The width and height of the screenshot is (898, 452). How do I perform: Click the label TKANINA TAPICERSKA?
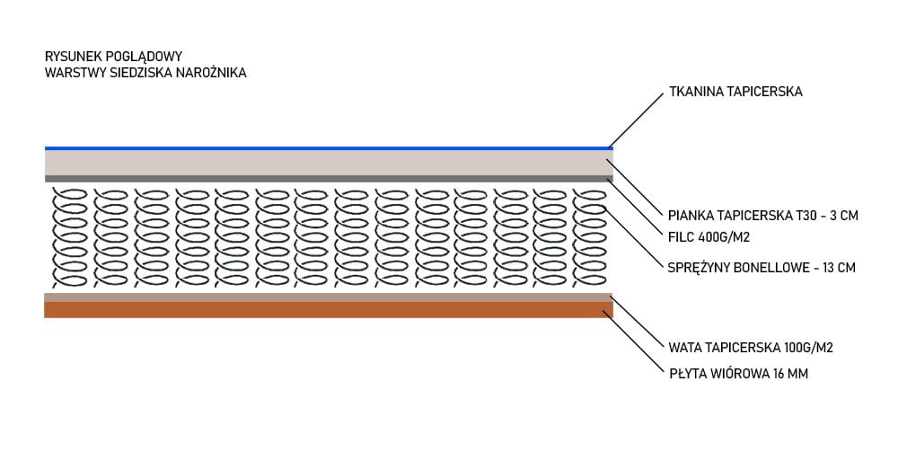pyautogui.click(x=735, y=92)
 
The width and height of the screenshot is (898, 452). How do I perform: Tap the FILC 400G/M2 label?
pyautogui.click(x=709, y=238)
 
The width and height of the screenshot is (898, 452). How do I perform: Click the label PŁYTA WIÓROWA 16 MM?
pyautogui.click(x=738, y=373)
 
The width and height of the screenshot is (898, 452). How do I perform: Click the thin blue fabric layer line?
pyautogui.click(x=328, y=147)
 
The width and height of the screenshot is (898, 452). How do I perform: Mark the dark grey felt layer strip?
pyautogui.click(x=328, y=179)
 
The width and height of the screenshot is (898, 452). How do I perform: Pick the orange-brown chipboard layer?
pyautogui.click(x=328, y=309)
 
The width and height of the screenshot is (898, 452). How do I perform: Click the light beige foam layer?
pyautogui.click(x=328, y=163)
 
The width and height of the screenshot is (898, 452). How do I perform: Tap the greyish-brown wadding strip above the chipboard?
pyautogui.click(x=328, y=297)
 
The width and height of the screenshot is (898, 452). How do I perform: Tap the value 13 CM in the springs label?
pyautogui.click(x=837, y=267)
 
